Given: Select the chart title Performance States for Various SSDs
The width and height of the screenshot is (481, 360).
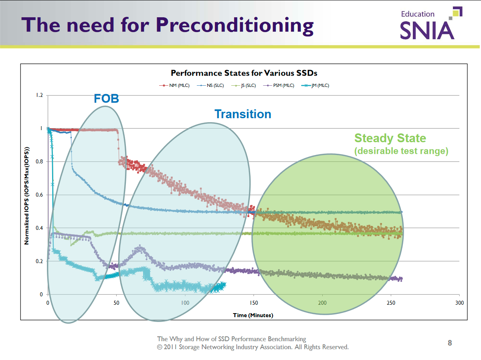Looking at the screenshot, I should [x=244, y=73].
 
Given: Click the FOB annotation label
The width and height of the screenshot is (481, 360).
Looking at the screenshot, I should [x=106, y=99].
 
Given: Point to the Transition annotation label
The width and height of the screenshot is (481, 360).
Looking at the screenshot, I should [x=243, y=114].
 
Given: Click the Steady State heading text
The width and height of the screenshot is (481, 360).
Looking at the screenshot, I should [x=390, y=138].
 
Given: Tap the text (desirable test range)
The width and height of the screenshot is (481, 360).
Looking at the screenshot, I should [x=401, y=151].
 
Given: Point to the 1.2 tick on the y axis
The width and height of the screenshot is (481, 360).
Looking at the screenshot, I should [x=38, y=95].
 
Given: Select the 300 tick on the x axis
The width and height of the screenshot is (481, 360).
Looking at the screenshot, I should [x=460, y=303].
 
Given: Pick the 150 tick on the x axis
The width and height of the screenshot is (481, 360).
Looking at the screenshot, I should [x=254, y=303].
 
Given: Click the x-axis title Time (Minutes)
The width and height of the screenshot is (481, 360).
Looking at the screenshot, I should [x=253, y=315].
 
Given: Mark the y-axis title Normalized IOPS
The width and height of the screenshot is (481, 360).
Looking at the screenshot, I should [x=27, y=195].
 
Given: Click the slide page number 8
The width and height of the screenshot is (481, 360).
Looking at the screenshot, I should [x=450, y=343].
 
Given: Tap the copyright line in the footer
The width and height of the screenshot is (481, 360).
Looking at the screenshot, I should [x=253, y=347].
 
